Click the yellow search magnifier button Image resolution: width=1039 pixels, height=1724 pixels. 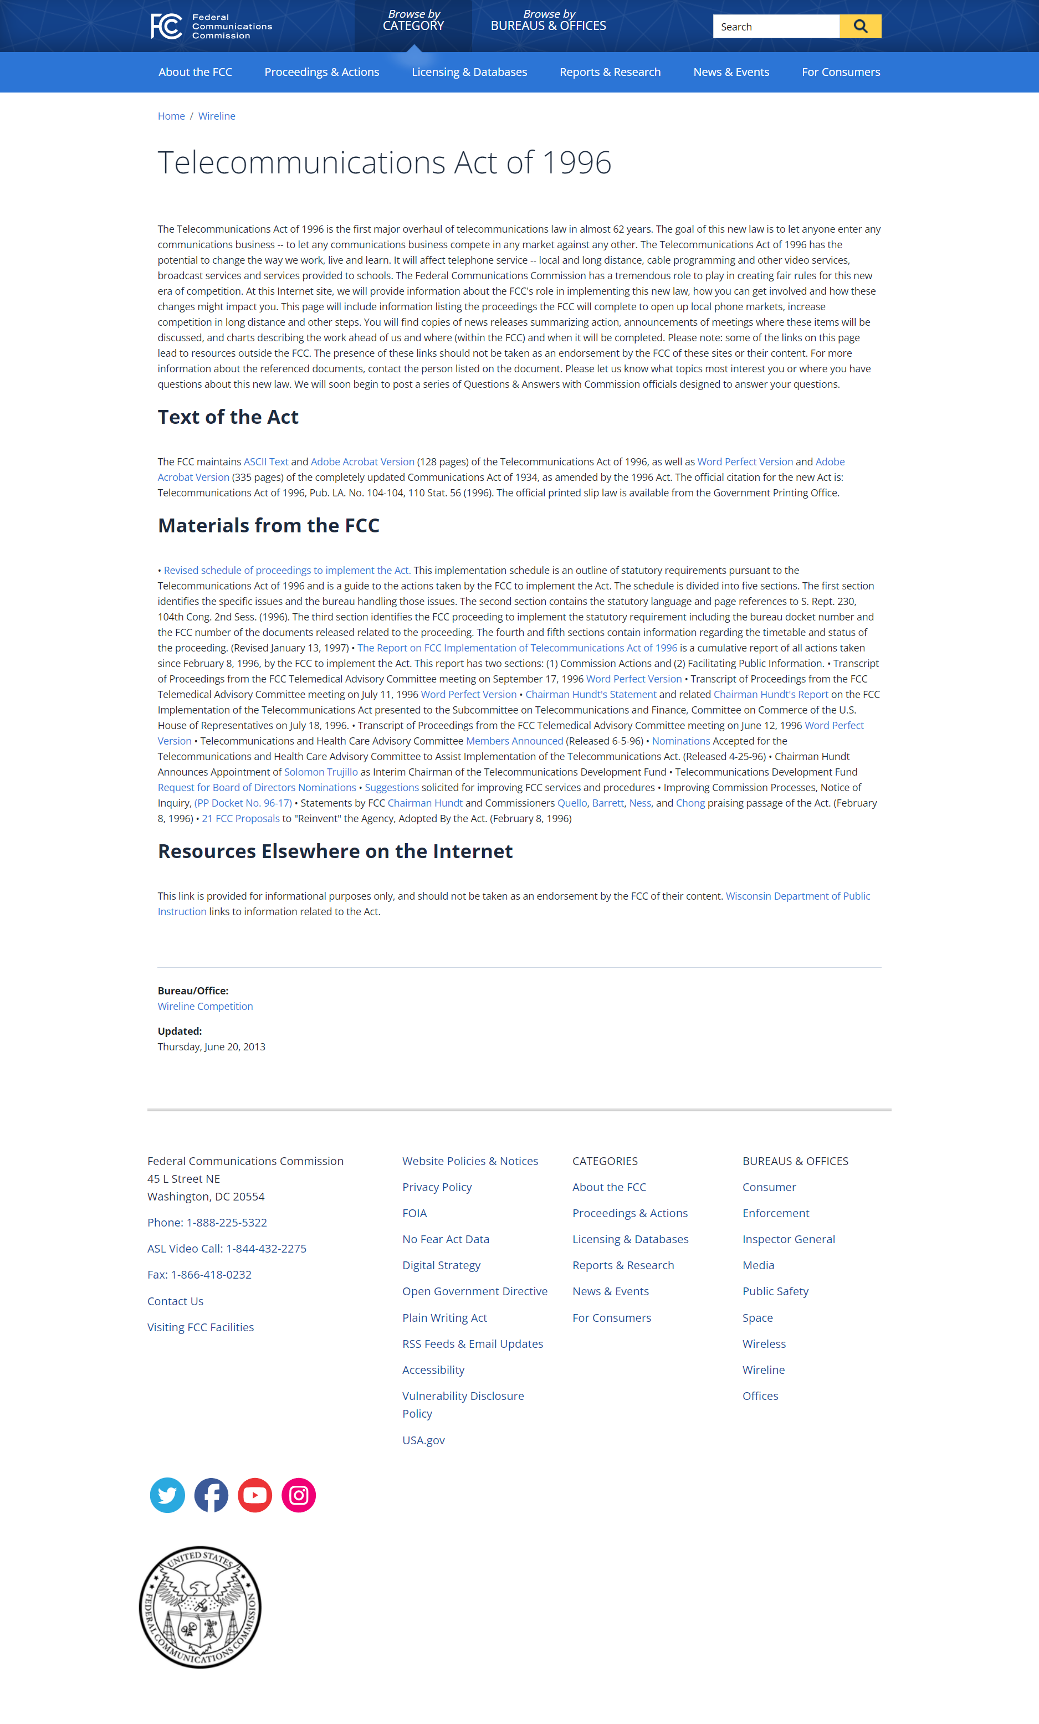pyautogui.click(x=860, y=27)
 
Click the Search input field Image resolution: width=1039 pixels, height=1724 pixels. pyautogui.click(x=775, y=27)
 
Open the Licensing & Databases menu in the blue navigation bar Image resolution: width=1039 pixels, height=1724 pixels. pyautogui.click(x=469, y=72)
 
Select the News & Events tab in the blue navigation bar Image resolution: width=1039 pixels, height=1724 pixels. pyautogui.click(x=730, y=72)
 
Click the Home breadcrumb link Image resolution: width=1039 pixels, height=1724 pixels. pyautogui.click(x=171, y=116)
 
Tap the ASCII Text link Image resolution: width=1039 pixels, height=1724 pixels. pyautogui.click(x=266, y=462)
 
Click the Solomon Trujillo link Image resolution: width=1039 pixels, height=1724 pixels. pyautogui.click(x=320, y=772)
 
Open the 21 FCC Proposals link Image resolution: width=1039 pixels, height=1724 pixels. pyautogui.click(x=240, y=819)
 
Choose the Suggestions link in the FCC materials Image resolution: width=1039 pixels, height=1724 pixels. pyautogui.click(x=392, y=788)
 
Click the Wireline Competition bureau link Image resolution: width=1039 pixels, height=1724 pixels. pyautogui.click(x=205, y=1006)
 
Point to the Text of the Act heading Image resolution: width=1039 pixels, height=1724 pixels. pyautogui.click(x=228, y=417)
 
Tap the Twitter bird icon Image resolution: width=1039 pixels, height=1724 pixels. pyautogui.click(x=167, y=1495)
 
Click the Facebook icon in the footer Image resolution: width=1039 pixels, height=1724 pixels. pyautogui.click(x=211, y=1495)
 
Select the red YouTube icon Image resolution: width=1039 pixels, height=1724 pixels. pyautogui.click(x=255, y=1495)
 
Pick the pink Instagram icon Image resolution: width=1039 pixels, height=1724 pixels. pyautogui.click(x=299, y=1495)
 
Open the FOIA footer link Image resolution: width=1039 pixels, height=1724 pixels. pyautogui.click(x=414, y=1213)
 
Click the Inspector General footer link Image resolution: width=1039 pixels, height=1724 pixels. pyautogui.click(x=789, y=1239)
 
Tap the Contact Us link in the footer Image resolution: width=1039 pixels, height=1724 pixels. pyautogui.click(x=175, y=1301)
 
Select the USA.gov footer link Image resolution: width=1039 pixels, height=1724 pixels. pyautogui.click(x=423, y=1440)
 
